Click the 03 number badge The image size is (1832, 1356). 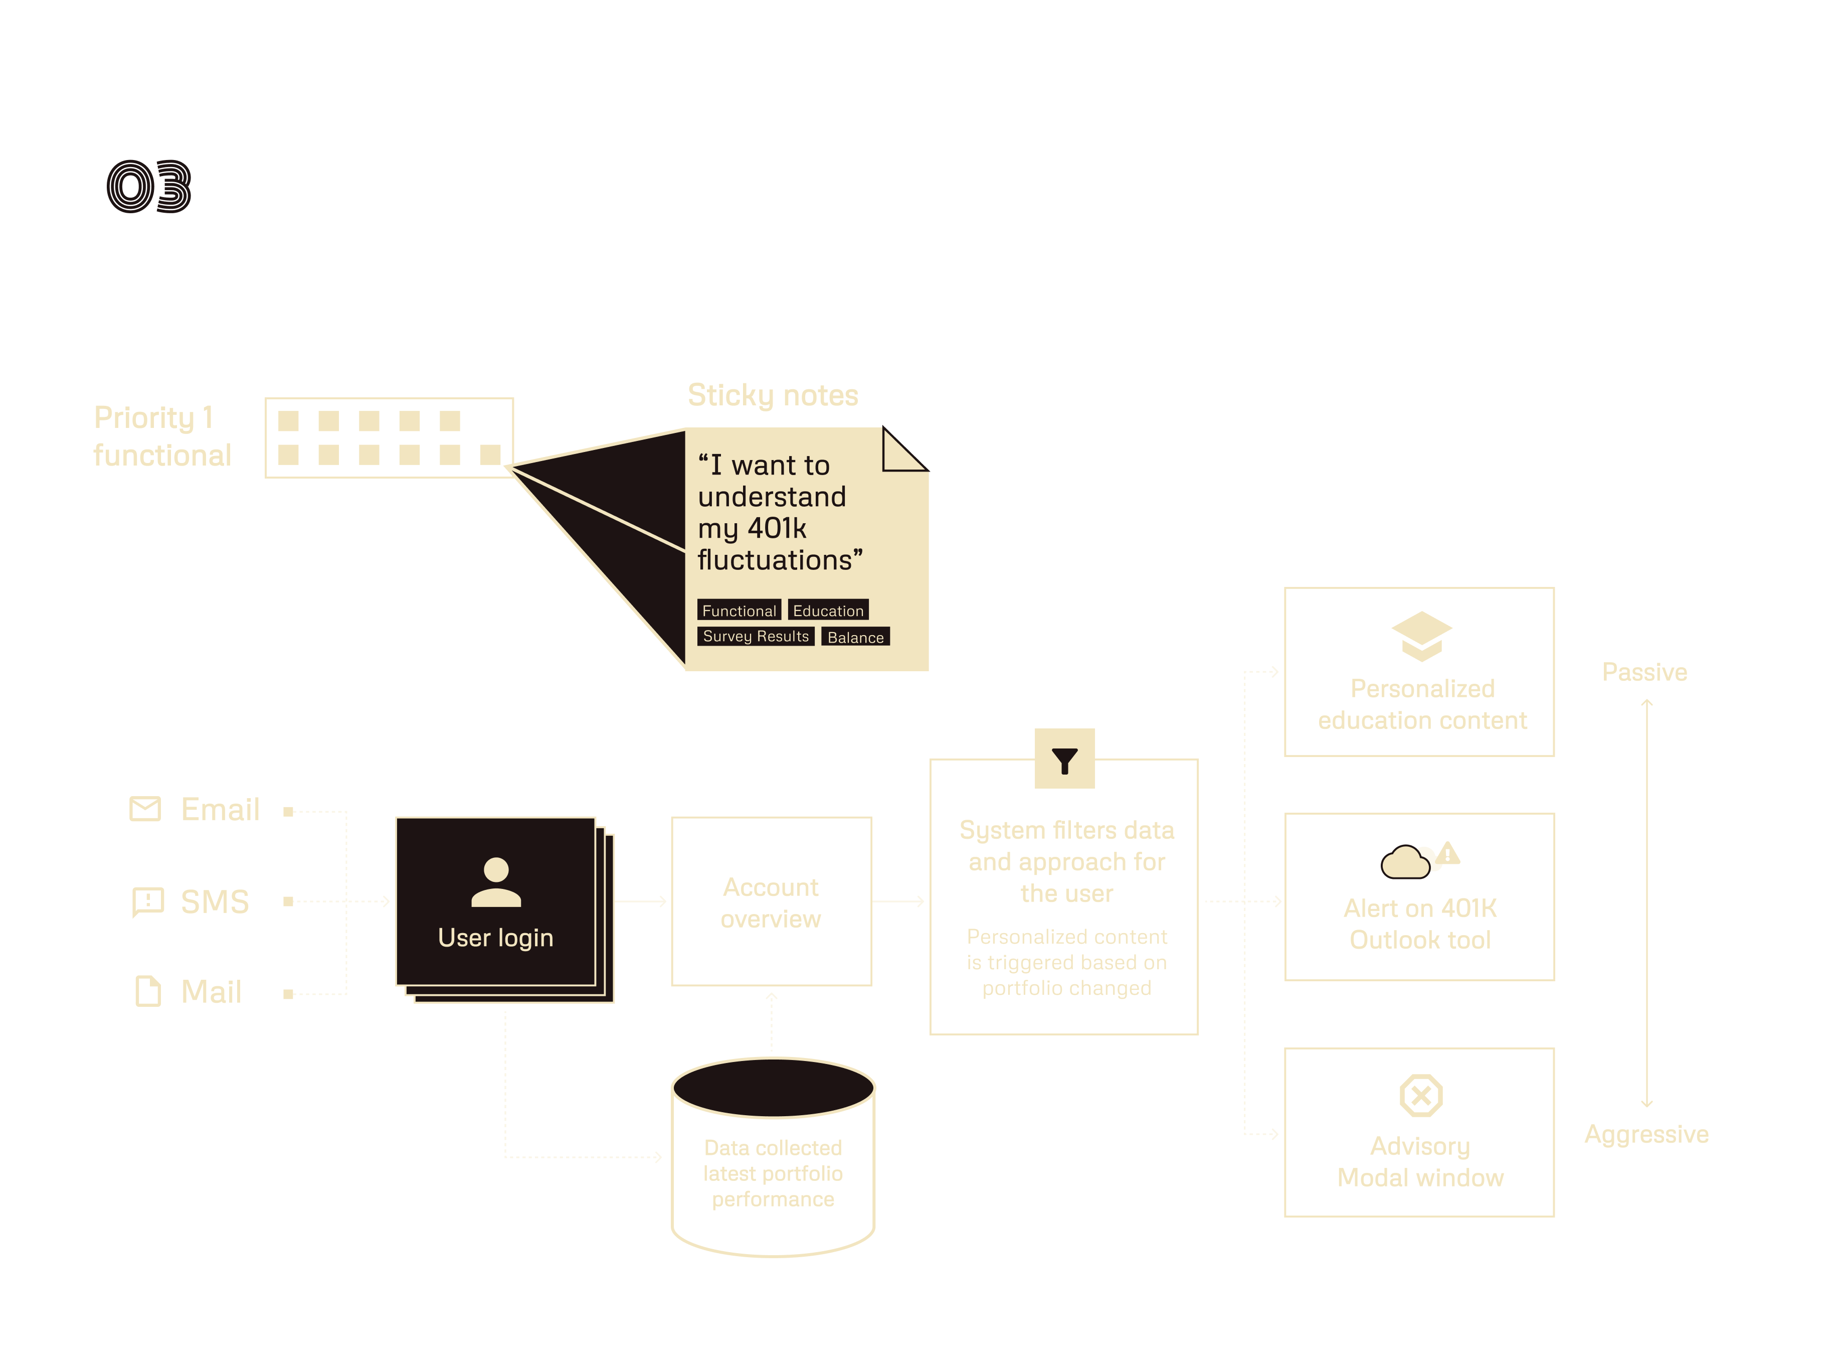[x=151, y=186]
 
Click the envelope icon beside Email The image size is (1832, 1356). [x=145, y=809]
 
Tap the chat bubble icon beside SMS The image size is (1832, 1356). [x=148, y=902]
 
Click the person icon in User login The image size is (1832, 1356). [x=495, y=882]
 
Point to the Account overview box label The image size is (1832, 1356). [x=771, y=903]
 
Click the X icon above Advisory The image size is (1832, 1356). [x=1420, y=1095]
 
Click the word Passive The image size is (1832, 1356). [x=1644, y=672]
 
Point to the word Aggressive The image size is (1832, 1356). [x=1646, y=1134]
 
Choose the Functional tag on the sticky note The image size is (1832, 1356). [x=739, y=611]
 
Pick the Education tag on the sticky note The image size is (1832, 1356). [x=828, y=611]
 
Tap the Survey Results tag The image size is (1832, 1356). [x=755, y=636]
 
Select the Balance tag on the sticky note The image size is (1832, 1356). [x=855, y=637]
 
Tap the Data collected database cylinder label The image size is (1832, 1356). [x=773, y=1173]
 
